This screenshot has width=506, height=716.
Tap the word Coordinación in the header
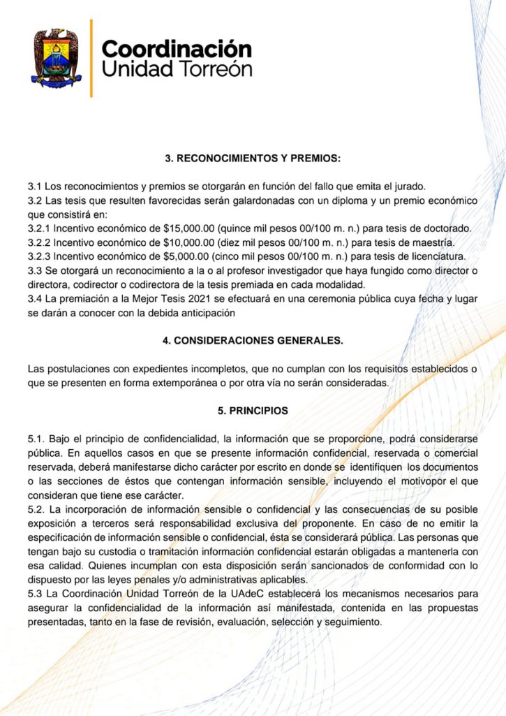(x=177, y=49)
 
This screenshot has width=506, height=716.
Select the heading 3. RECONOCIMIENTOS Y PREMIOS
(x=253, y=159)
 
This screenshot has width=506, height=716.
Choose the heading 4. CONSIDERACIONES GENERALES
(x=253, y=341)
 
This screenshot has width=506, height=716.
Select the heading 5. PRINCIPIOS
(x=253, y=411)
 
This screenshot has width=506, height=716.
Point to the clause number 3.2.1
(x=40, y=229)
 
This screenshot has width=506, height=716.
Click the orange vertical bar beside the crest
(x=91, y=59)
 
